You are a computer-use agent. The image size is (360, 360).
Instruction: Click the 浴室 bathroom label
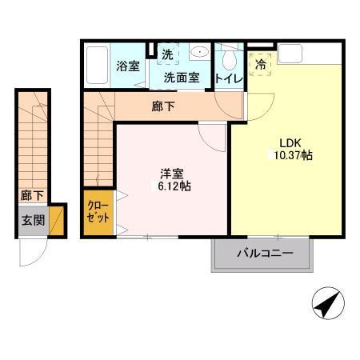click(x=127, y=66)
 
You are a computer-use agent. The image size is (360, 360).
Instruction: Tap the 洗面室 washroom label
click(x=182, y=78)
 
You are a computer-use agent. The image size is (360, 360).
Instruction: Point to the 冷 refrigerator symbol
click(x=261, y=66)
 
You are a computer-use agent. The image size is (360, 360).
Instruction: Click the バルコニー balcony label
click(x=264, y=254)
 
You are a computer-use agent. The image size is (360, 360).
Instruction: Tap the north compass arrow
click(x=327, y=305)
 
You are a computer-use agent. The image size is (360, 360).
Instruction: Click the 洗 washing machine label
click(x=168, y=56)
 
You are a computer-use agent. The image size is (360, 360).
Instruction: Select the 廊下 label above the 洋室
click(x=162, y=104)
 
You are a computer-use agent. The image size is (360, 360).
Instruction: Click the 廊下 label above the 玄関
click(x=32, y=194)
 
